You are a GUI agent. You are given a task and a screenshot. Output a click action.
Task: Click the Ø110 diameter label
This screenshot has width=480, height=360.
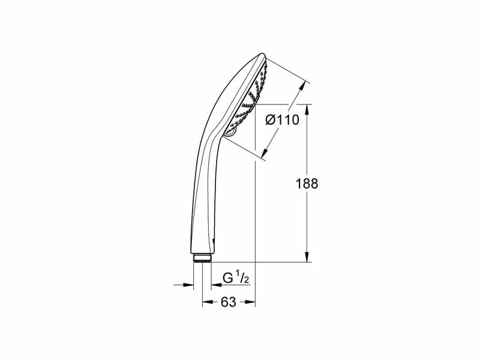click(282, 119)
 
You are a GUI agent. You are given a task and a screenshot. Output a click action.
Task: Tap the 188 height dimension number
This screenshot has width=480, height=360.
click(307, 184)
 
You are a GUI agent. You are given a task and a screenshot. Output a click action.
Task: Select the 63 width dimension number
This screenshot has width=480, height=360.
click(229, 302)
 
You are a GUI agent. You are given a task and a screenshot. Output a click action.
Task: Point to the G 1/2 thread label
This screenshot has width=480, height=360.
click(236, 278)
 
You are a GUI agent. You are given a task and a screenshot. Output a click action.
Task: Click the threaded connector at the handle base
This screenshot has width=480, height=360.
click(202, 258)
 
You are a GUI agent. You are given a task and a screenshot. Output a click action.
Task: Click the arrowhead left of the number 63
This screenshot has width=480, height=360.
click(208, 302)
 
